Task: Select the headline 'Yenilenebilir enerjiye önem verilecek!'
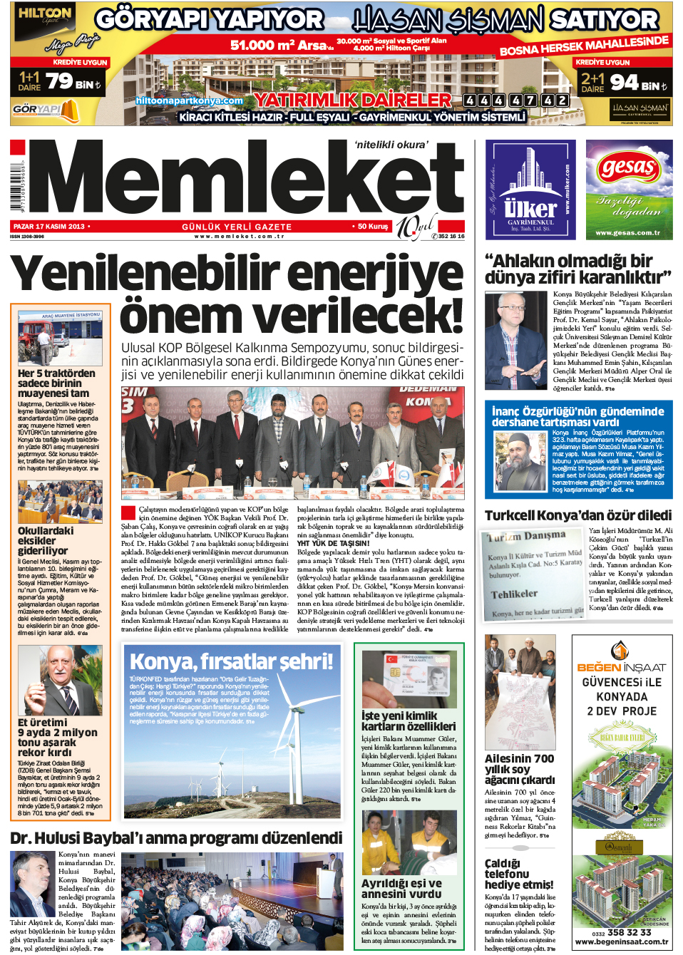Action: click(237, 292)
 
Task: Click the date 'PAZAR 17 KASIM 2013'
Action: click(48, 227)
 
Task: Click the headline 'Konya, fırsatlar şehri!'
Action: click(231, 661)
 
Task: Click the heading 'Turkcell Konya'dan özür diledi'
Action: click(577, 515)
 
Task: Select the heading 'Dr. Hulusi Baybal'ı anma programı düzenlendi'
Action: click(176, 838)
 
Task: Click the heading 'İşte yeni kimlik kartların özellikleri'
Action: click(408, 721)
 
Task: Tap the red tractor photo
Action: click(60, 339)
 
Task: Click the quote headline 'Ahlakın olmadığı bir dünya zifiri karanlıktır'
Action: click(577, 269)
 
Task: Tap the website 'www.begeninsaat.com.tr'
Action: click(621, 941)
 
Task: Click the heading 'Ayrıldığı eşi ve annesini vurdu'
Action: click(401, 888)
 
